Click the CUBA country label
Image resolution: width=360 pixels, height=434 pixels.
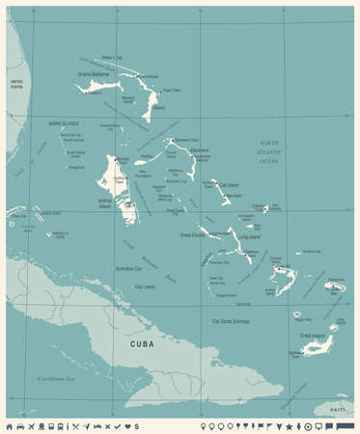click(x=131, y=342)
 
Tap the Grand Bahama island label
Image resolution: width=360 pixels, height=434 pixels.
click(x=93, y=73)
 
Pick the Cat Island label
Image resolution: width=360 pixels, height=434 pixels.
click(x=230, y=184)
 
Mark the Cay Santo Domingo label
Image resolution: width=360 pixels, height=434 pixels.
click(x=231, y=321)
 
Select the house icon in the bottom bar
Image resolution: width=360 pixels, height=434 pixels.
click(x=10, y=425)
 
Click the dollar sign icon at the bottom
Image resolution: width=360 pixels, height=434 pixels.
click(x=137, y=425)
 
